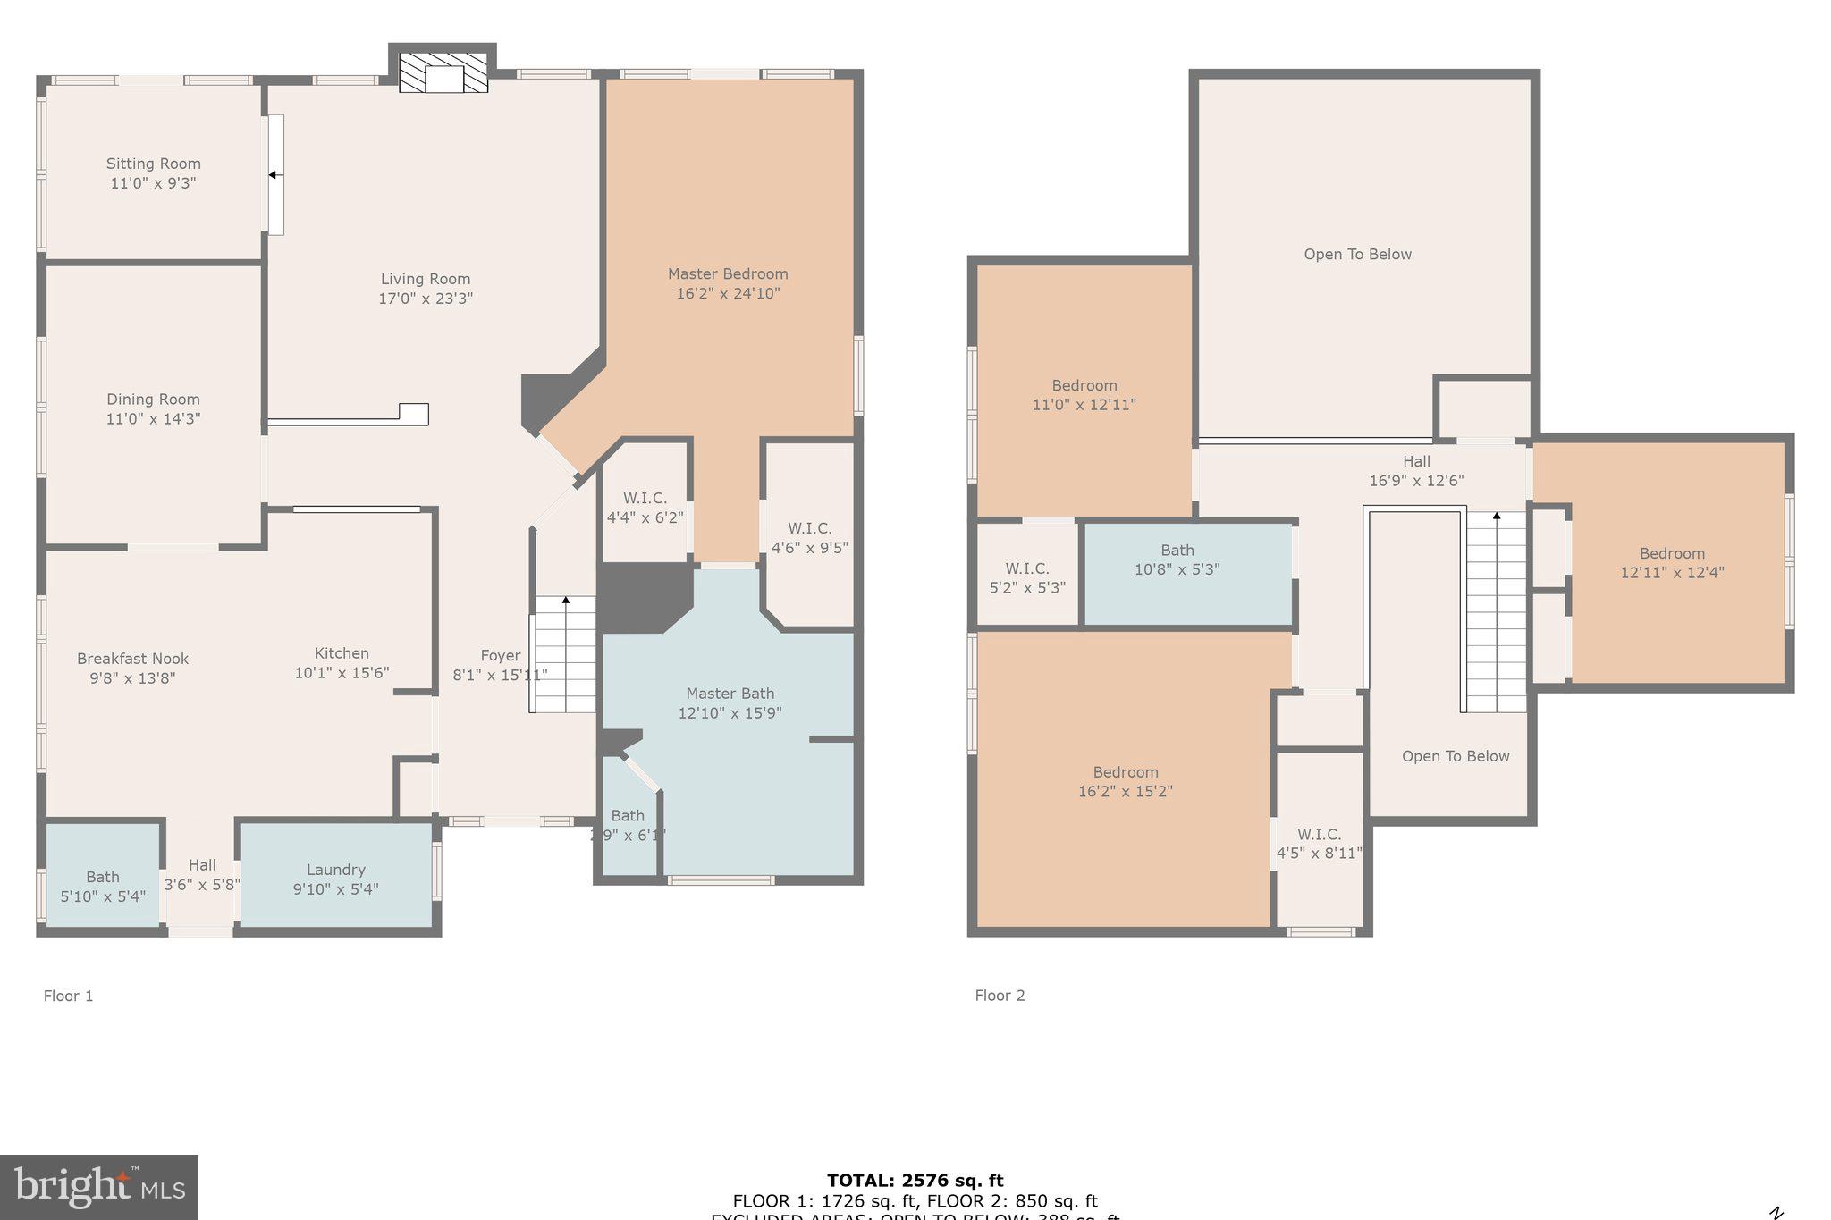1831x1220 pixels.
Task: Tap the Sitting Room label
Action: tap(153, 164)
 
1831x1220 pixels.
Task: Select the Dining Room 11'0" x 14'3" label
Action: tap(153, 408)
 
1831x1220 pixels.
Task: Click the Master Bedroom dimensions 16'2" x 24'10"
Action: tap(728, 293)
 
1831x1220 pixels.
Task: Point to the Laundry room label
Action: tap(335, 870)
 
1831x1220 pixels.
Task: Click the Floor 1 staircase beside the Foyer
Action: tap(565, 654)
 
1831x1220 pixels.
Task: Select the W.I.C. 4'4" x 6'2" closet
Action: tap(645, 508)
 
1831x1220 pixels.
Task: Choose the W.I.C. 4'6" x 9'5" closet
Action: tap(809, 538)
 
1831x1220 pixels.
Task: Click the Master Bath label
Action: tap(730, 694)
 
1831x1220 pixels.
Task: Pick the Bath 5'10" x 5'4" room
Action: tap(103, 886)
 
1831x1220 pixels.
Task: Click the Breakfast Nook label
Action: tap(132, 659)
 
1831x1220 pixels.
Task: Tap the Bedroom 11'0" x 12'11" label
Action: tap(1084, 395)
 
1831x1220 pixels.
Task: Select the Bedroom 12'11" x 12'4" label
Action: tap(1672, 563)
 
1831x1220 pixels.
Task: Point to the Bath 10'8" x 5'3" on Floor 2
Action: tap(1177, 560)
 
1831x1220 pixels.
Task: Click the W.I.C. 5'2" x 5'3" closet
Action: tap(1026, 577)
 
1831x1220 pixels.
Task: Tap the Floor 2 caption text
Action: tap(1000, 996)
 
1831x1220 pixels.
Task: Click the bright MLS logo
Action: tap(99, 1187)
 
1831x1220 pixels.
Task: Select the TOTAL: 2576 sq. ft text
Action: tap(915, 1181)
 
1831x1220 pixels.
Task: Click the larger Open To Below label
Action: tap(1357, 255)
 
